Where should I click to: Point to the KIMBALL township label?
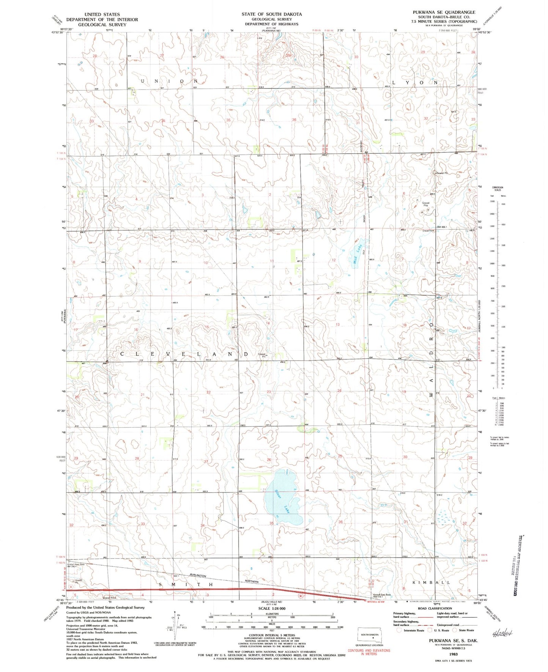pos(431,582)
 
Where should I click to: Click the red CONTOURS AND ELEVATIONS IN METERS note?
pos(369,652)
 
